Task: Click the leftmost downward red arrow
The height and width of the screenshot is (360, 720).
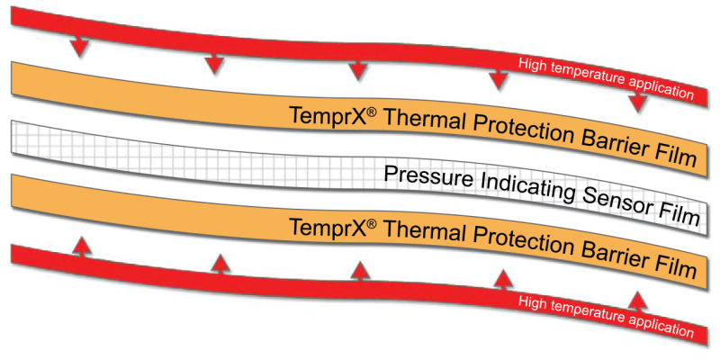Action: click(80, 46)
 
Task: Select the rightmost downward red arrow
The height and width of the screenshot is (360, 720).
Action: click(638, 101)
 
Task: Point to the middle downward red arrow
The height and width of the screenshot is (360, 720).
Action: click(357, 68)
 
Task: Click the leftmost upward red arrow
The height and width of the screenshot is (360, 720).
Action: click(81, 246)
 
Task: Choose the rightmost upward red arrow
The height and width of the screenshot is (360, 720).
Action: click(637, 301)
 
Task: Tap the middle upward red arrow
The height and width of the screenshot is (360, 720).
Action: click(359, 270)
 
